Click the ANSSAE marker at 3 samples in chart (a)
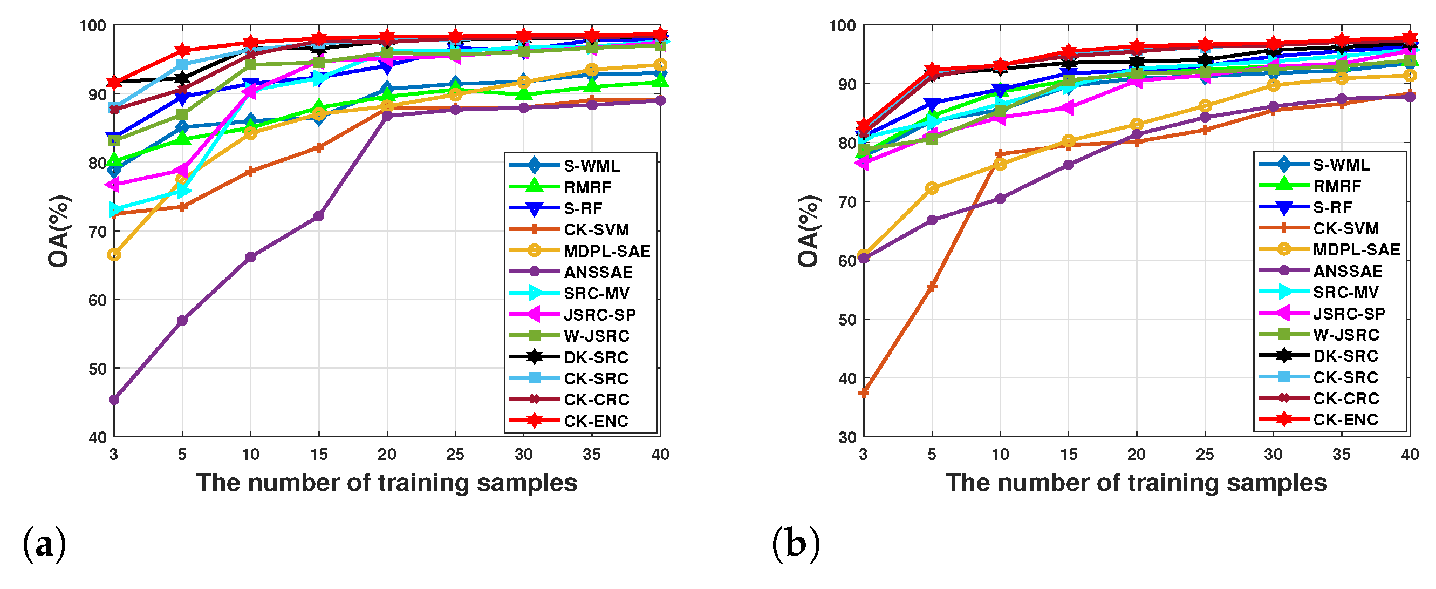[114, 400]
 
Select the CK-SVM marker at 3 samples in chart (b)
[864, 392]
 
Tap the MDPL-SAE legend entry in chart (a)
[606, 251]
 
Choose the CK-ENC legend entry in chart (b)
[1345, 419]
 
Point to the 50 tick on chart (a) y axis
[97, 369]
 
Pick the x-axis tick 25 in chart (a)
[455, 455]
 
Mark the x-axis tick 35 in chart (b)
[1341, 455]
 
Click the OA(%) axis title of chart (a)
[59, 231]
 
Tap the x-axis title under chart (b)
[1136, 483]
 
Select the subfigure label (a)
[44, 544]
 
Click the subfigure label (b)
[796, 544]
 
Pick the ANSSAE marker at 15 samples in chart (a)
[319, 216]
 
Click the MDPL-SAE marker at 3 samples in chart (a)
[114, 254]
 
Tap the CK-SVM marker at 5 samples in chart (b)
[932, 286]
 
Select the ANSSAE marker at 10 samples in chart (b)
[1000, 198]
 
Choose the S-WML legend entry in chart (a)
[591, 166]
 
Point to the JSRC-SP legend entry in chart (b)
[1349, 314]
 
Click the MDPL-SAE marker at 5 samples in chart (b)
[932, 188]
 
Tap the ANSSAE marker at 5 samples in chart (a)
[182, 320]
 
